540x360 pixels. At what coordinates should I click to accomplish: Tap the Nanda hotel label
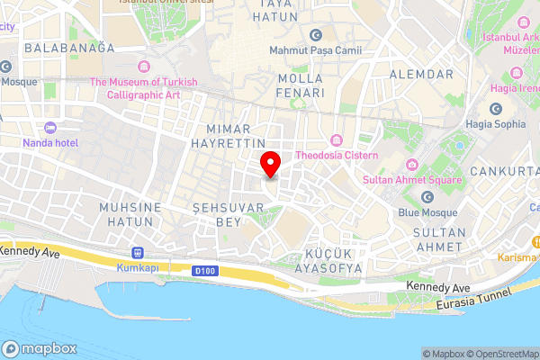tap(51, 143)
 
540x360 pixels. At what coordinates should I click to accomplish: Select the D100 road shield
tap(205, 269)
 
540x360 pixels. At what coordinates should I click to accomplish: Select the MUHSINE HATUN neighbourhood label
tap(134, 214)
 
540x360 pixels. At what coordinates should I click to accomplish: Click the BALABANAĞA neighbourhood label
tap(70, 48)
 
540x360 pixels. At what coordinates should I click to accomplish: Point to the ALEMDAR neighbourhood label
tap(421, 74)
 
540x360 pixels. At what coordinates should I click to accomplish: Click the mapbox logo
tap(40, 349)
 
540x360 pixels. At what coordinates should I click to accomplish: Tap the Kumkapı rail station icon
tap(138, 253)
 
